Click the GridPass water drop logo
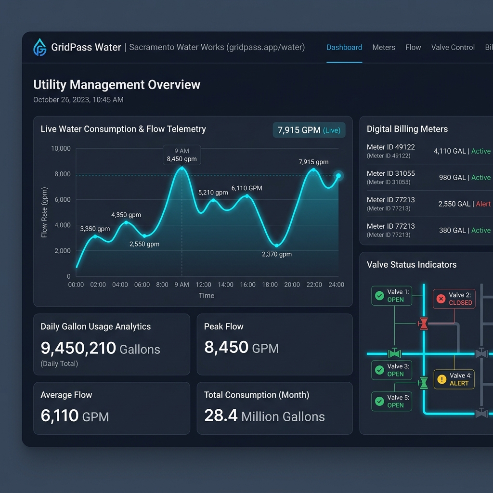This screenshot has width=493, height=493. [x=40, y=47]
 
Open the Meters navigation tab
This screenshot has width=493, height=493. [x=384, y=48]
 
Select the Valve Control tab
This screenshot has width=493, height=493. [x=453, y=48]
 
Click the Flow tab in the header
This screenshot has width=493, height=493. [x=413, y=48]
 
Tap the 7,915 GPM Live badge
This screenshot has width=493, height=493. [x=309, y=130]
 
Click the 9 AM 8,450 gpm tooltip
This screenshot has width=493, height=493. [x=182, y=155]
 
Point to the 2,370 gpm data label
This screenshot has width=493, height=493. [x=277, y=254]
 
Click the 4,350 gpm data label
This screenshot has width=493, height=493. [x=126, y=215]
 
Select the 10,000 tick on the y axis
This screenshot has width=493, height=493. [x=61, y=148]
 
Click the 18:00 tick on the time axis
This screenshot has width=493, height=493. [x=270, y=285]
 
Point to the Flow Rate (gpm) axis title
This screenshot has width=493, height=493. [x=44, y=212]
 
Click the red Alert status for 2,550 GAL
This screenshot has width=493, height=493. [x=483, y=204]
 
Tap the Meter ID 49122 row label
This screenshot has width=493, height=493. [x=391, y=147]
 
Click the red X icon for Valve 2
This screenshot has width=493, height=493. [x=441, y=298]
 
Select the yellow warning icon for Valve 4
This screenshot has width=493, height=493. [x=442, y=379]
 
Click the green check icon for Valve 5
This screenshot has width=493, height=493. [x=379, y=401]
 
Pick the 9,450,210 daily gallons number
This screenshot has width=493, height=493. [x=78, y=348]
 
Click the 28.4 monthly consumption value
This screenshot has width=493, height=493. [x=221, y=415]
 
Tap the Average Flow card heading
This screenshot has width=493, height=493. [x=66, y=395]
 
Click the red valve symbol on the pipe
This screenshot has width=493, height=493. [x=424, y=324]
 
